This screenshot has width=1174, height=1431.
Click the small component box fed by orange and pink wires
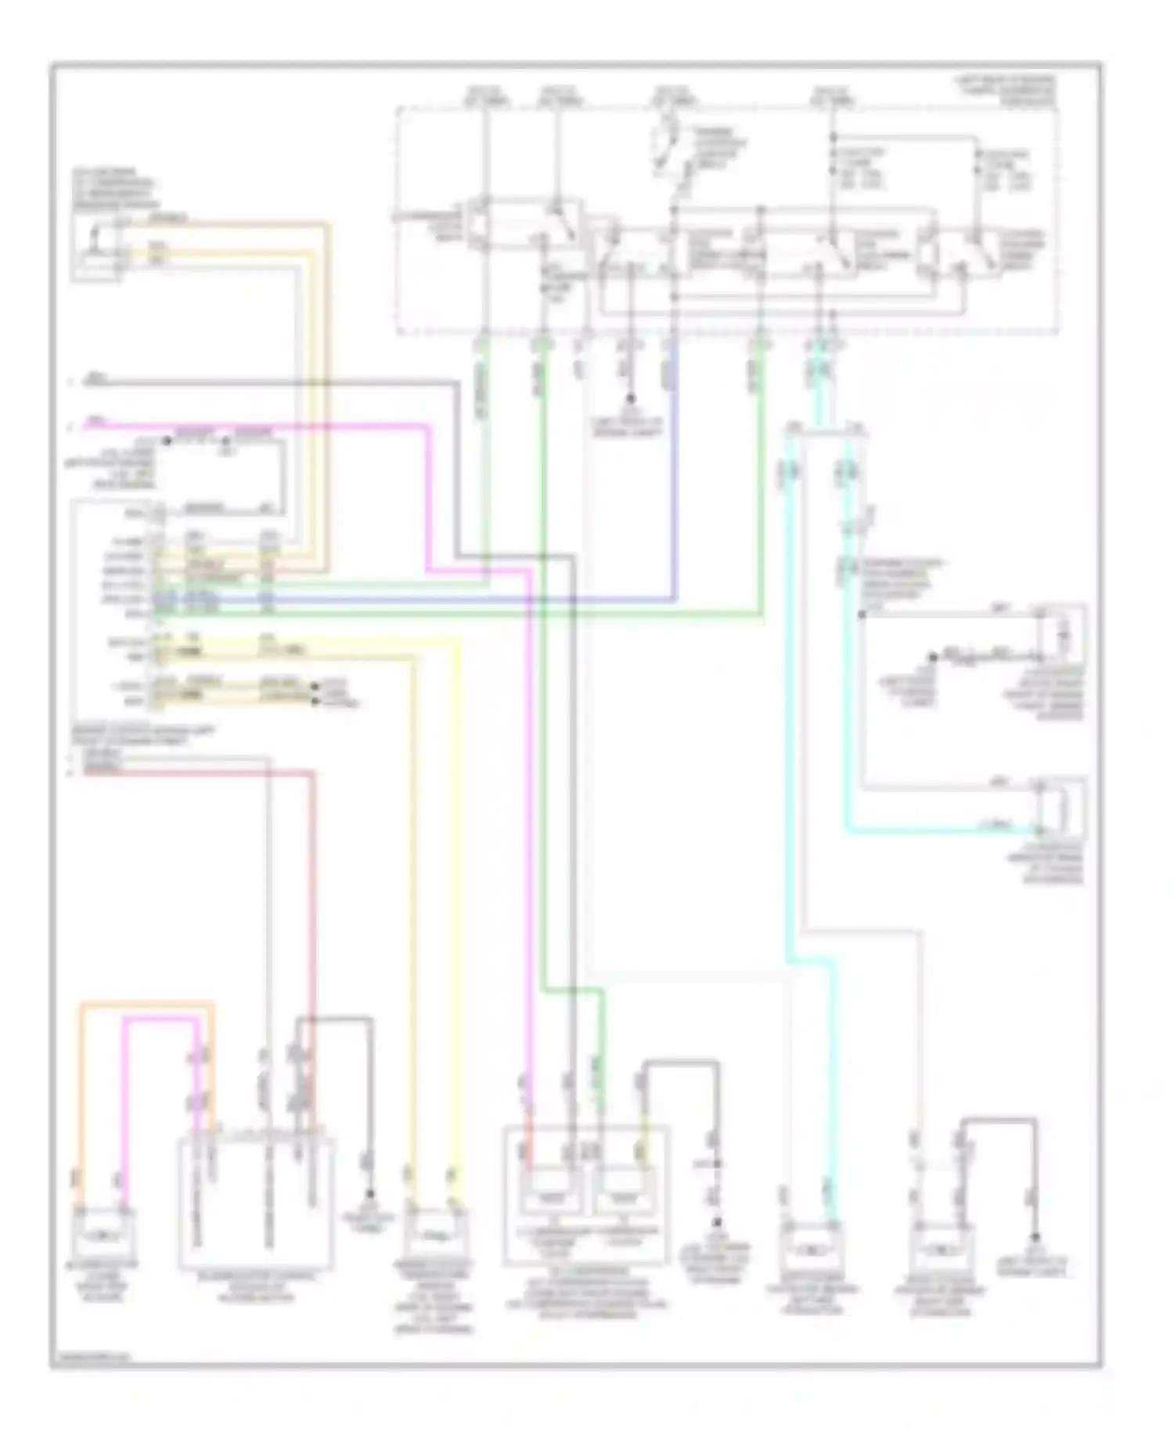tap(104, 1235)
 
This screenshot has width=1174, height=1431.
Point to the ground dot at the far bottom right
tap(1035, 1238)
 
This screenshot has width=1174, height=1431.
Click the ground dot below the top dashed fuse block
tap(631, 398)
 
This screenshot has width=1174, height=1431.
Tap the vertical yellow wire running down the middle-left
tap(456, 900)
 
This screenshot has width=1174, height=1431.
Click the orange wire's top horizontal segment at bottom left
tap(146, 1004)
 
